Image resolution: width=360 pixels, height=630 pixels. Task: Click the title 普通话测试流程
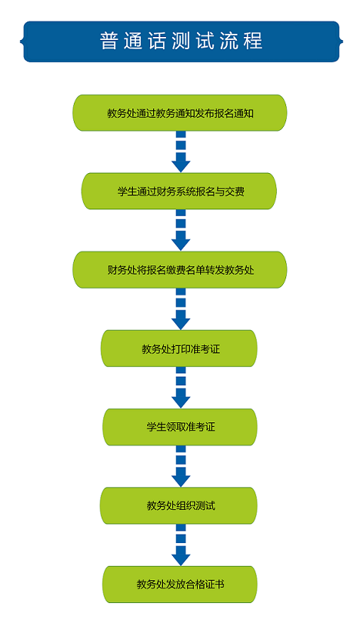tap(182, 42)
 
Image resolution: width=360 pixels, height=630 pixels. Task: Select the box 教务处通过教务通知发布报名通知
tap(179, 113)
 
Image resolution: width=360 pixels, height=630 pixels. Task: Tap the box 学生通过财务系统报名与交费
tap(179, 192)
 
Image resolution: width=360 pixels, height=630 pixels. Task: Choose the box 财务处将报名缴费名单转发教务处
tap(179, 270)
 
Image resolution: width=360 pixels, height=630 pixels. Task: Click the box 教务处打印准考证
tap(178, 348)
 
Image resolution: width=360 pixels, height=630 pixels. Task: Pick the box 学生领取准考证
tap(179, 427)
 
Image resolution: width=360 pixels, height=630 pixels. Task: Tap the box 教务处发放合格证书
tap(179, 584)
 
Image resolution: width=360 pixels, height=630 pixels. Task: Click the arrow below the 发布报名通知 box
tap(181, 152)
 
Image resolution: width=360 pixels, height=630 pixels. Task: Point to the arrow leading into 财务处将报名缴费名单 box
tap(181, 230)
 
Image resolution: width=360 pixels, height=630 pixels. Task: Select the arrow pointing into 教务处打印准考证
tap(181, 309)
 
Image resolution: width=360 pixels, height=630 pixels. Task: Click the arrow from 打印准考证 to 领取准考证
tap(181, 388)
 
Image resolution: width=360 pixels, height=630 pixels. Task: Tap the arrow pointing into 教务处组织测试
tap(181, 466)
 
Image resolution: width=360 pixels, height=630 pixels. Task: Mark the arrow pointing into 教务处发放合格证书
tap(181, 545)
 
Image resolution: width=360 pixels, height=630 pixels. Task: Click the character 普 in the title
tap(108, 42)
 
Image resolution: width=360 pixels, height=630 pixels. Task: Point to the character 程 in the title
tap(254, 42)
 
